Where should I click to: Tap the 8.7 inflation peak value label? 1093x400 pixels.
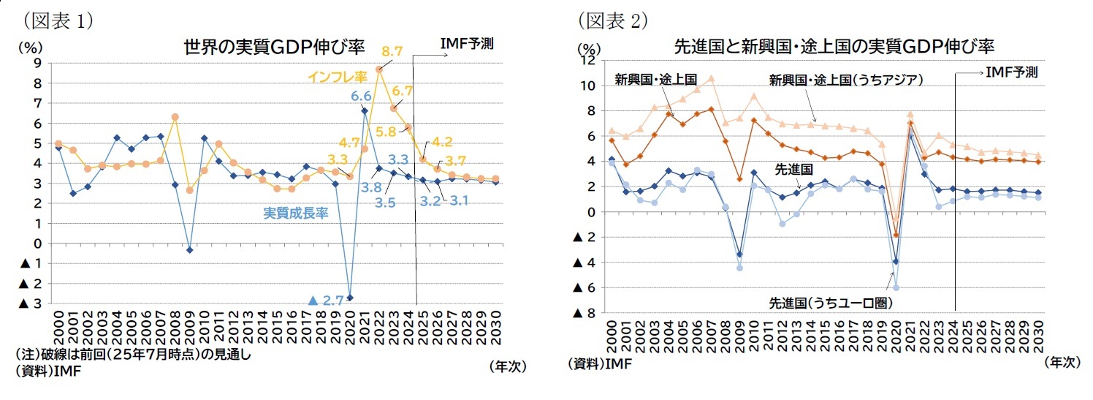(x=392, y=51)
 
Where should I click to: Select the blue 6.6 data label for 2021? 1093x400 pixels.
(x=361, y=96)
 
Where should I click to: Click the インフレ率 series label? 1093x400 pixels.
(x=337, y=76)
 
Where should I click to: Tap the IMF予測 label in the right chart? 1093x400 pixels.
(x=1011, y=72)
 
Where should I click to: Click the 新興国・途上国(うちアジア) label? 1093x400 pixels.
(x=846, y=79)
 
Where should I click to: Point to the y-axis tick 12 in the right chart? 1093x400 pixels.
(x=587, y=61)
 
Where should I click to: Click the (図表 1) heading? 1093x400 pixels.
(x=58, y=20)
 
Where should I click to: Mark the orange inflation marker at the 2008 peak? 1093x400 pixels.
(x=175, y=117)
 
